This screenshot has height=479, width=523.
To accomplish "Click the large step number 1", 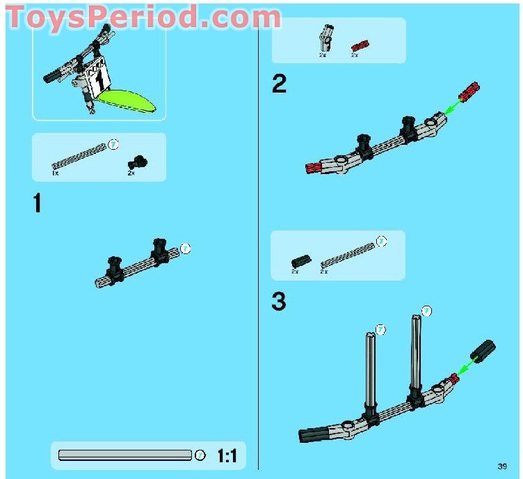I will pos(38,203).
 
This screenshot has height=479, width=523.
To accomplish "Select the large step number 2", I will pos(279,84).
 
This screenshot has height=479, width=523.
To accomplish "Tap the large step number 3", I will pos(279,301).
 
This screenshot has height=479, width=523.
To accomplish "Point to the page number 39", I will pos(502,466).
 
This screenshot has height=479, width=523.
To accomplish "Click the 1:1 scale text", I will pos(227,456).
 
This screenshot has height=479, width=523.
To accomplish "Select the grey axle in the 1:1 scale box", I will pos(125,455).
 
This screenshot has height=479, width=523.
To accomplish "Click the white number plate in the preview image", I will pos(98,77).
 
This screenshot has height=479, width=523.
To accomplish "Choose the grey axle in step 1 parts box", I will pos(79,155).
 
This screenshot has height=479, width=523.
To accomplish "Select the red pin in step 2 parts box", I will pos(360,46).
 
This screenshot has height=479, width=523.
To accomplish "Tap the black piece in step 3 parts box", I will pos(300,261).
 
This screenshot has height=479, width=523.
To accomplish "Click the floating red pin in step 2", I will pos(470,91).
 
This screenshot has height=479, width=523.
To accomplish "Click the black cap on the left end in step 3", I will pos(311,436).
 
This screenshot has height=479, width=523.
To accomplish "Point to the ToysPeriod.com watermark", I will pos(142,17).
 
